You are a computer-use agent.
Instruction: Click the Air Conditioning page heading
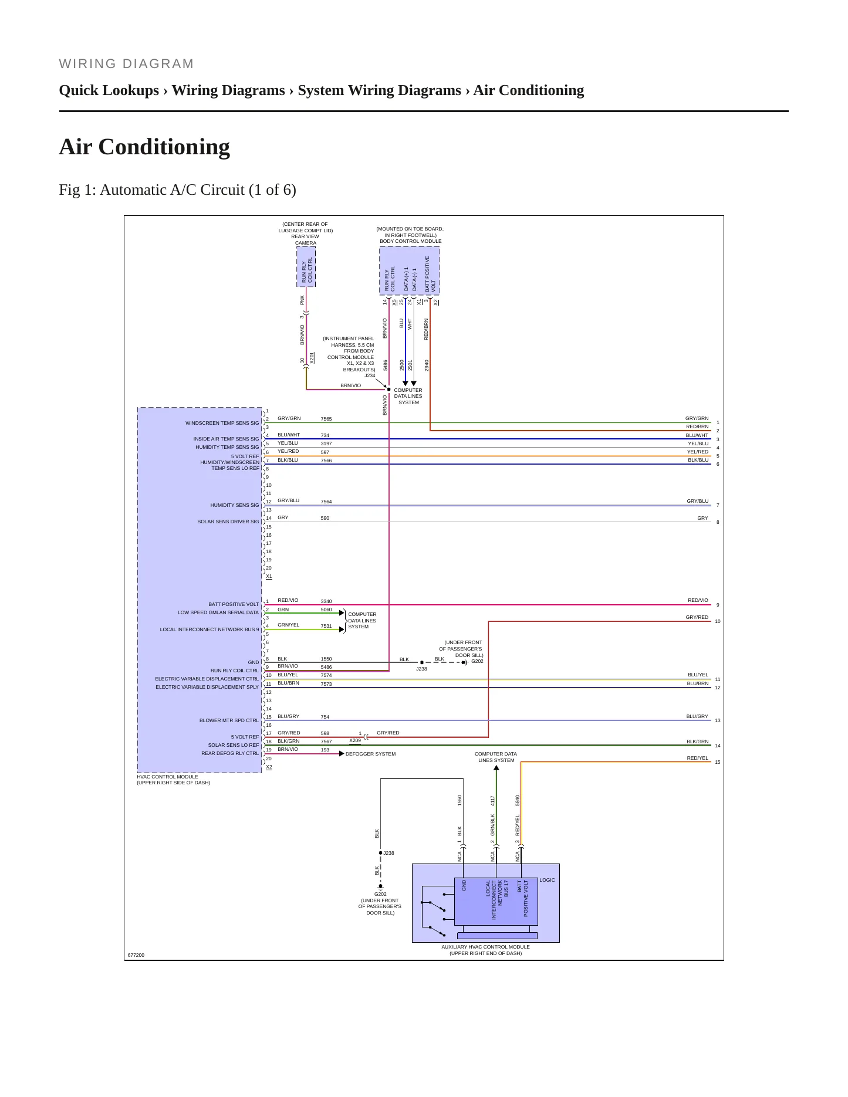[x=144, y=147]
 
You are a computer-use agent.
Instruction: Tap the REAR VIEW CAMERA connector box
[x=306, y=267]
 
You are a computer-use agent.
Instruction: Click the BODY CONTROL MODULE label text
[x=411, y=241]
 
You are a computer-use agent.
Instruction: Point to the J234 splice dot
[x=388, y=390]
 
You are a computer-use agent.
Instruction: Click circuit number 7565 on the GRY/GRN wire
[x=326, y=419]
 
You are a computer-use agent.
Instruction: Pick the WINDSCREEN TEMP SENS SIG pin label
[x=222, y=423]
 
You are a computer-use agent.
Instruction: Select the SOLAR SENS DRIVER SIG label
[x=228, y=522]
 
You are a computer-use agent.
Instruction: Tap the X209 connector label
[x=355, y=740]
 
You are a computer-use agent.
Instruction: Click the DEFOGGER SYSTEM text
[x=370, y=754]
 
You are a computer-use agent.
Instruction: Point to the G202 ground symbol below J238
[x=380, y=887]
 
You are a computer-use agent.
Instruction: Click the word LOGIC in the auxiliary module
[x=547, y=880]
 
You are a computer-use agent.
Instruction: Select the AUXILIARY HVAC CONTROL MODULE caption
[x=485, y=947]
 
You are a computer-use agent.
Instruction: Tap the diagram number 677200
[x=136, y=955]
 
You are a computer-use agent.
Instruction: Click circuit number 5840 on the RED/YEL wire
[x=518, y=800]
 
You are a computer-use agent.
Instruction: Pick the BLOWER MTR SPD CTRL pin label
[x=229, y=720]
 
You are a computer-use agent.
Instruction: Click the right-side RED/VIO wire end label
[x=698, y=600]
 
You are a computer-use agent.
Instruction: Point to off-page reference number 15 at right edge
[x=717, y=762]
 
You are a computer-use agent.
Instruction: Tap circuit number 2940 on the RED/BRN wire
[x=427, y=365]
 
